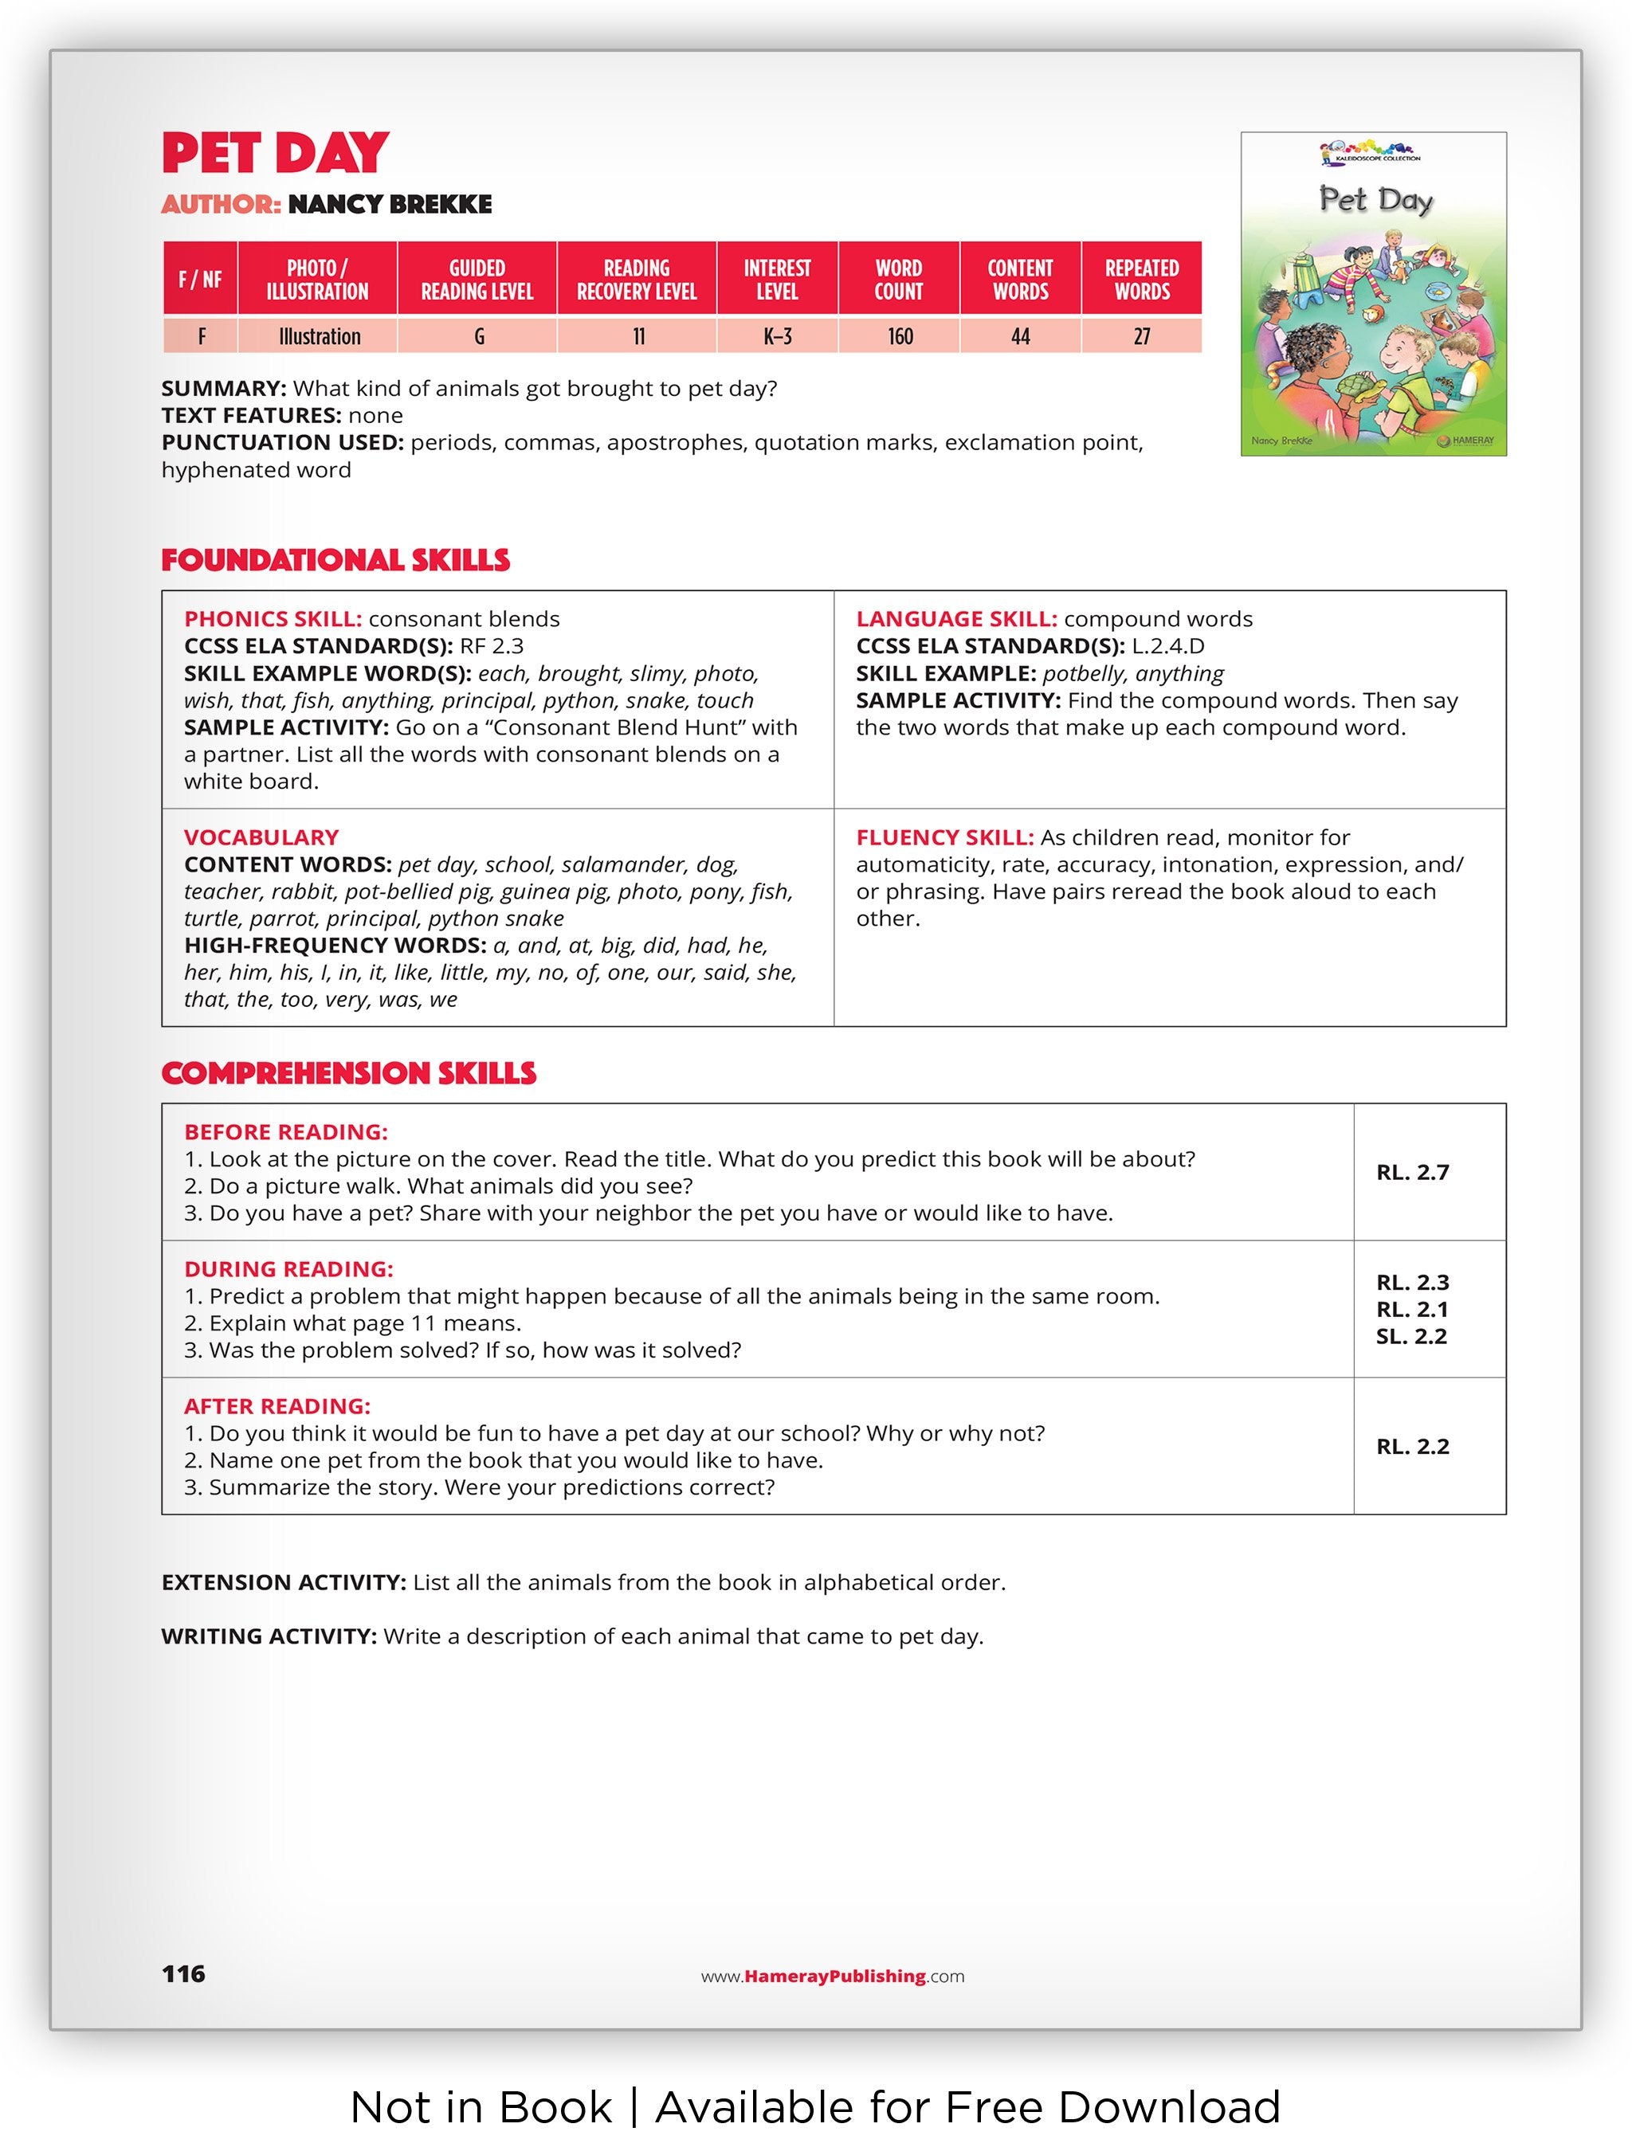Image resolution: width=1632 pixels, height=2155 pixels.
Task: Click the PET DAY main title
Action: (275, 153)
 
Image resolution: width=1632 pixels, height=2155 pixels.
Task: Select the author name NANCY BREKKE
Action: (390, 205)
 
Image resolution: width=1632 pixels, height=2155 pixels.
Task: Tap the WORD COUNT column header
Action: (897, 280)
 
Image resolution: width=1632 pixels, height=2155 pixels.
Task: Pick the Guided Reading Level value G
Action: (478, 337)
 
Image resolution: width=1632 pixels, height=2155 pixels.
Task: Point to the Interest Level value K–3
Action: (776, 337)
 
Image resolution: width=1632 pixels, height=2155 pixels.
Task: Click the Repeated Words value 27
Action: (1141, 337)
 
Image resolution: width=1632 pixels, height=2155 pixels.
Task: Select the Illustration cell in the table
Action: (319, 337)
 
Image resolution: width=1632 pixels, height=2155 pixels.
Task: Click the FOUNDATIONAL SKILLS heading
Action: (335, 560)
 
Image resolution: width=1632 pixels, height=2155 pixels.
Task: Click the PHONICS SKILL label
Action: (273, 620)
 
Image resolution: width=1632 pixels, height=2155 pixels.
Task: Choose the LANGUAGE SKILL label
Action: (955, 620)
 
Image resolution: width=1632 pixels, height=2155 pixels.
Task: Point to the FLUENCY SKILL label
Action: (944, 838)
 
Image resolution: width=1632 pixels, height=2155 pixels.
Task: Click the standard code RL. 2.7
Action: (1412, 1173)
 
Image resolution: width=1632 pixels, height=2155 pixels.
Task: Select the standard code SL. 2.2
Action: (1410, 1337)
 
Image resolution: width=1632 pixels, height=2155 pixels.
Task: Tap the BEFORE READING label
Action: (285, 1132)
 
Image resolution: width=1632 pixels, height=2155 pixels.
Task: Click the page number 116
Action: (183, 1974)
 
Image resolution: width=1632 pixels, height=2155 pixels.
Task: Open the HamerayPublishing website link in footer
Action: (833, 1977)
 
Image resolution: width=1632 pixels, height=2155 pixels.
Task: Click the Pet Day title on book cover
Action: (1375, 201)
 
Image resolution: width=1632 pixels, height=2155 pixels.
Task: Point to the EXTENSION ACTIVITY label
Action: (284, 1582)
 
